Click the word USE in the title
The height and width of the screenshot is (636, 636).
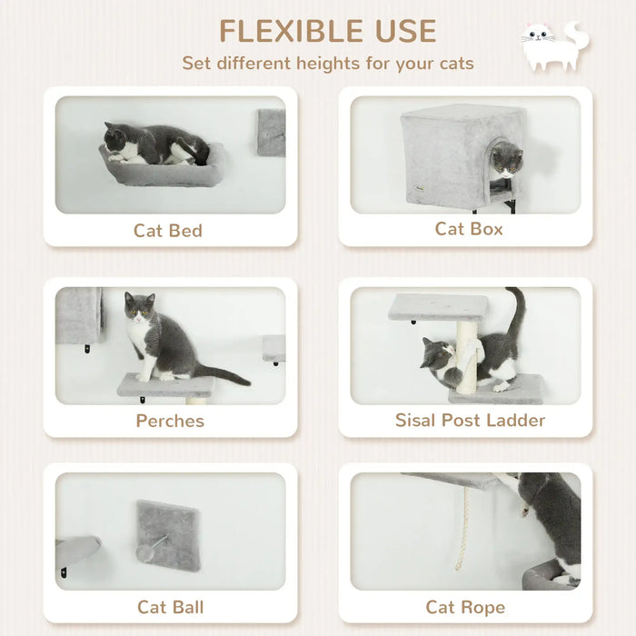400,31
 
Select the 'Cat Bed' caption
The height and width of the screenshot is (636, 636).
168,230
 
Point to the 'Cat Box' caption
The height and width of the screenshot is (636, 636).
469,228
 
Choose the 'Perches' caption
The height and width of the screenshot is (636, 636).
170,421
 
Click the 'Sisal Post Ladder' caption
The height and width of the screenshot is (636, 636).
470,420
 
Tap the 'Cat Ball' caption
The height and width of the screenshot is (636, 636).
170,607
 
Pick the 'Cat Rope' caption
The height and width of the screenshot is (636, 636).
465,607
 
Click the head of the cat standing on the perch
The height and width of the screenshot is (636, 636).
139,307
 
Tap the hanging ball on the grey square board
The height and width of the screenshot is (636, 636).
146,554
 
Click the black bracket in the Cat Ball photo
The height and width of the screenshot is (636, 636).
63,571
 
